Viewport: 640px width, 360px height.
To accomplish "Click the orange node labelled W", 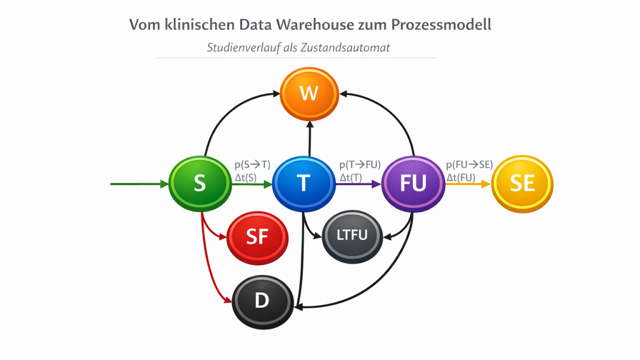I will pos(309,94).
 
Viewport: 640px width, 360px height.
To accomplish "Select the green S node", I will pos(200,183).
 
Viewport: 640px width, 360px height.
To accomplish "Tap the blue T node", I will pos(303,183).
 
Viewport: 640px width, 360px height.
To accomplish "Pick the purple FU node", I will pos(413,183).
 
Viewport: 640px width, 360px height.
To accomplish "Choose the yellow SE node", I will pos(522,184).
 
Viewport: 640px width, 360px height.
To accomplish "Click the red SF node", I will pos(257,237).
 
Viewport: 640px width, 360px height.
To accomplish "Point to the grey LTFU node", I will pos(352,235).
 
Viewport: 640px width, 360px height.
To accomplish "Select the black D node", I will pos(261,300).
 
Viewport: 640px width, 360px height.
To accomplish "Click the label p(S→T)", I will pos(252,165).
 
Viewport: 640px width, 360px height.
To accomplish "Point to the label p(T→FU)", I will pos(360,165).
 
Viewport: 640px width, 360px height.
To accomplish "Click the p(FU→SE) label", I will pos(469,165).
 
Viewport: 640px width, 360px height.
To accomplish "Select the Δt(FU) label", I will pos(461,177).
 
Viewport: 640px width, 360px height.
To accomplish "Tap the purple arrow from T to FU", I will pos(358,184).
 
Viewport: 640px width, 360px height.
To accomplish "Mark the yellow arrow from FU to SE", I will pos(468,184).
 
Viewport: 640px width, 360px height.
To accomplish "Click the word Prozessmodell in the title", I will pos(442,24).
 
